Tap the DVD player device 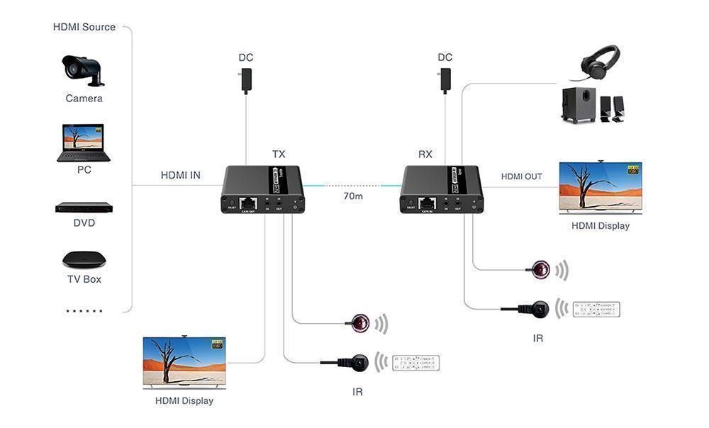tap(84, 208)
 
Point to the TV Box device tap(84, 259)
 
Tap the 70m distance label tap(352, 196)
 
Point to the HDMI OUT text tap(522, 176)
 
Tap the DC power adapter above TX tap(246, 80)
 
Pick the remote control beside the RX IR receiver tap(596, 310)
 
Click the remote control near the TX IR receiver tap(415, 363)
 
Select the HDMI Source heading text tap(84, 27)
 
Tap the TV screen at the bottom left tap(184, 361)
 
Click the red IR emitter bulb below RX tap(542, 269)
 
